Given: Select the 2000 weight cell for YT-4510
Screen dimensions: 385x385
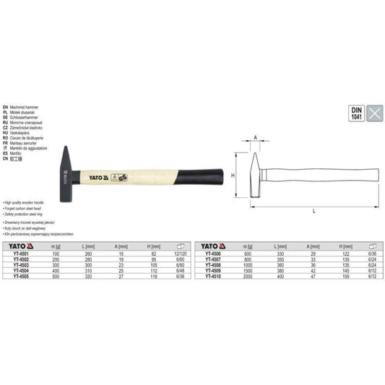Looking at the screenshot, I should (249, 276).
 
